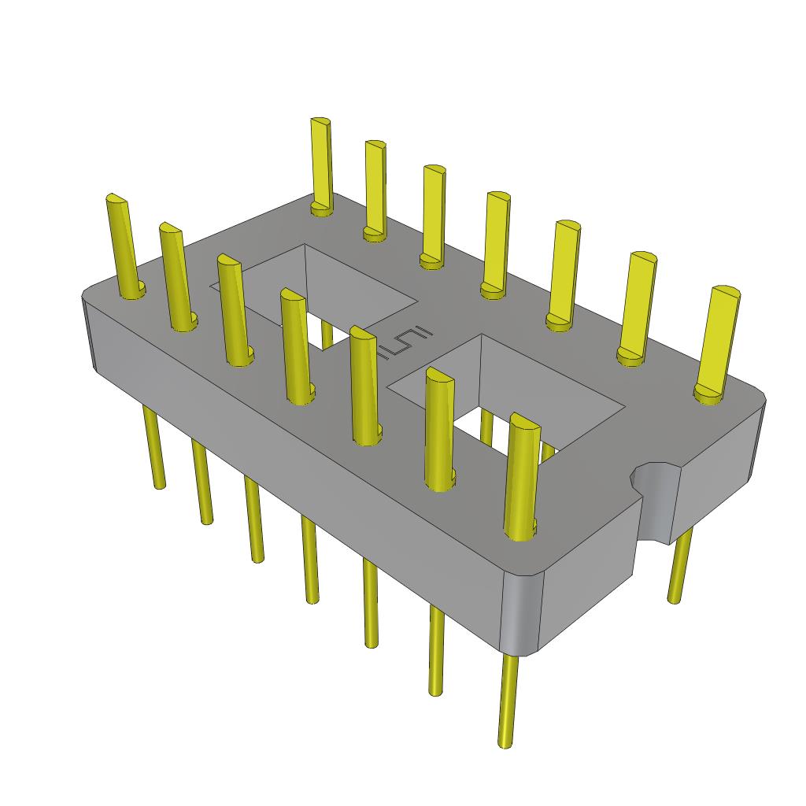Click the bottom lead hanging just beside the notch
pos(678,567)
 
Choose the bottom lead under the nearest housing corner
pos(508,701)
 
